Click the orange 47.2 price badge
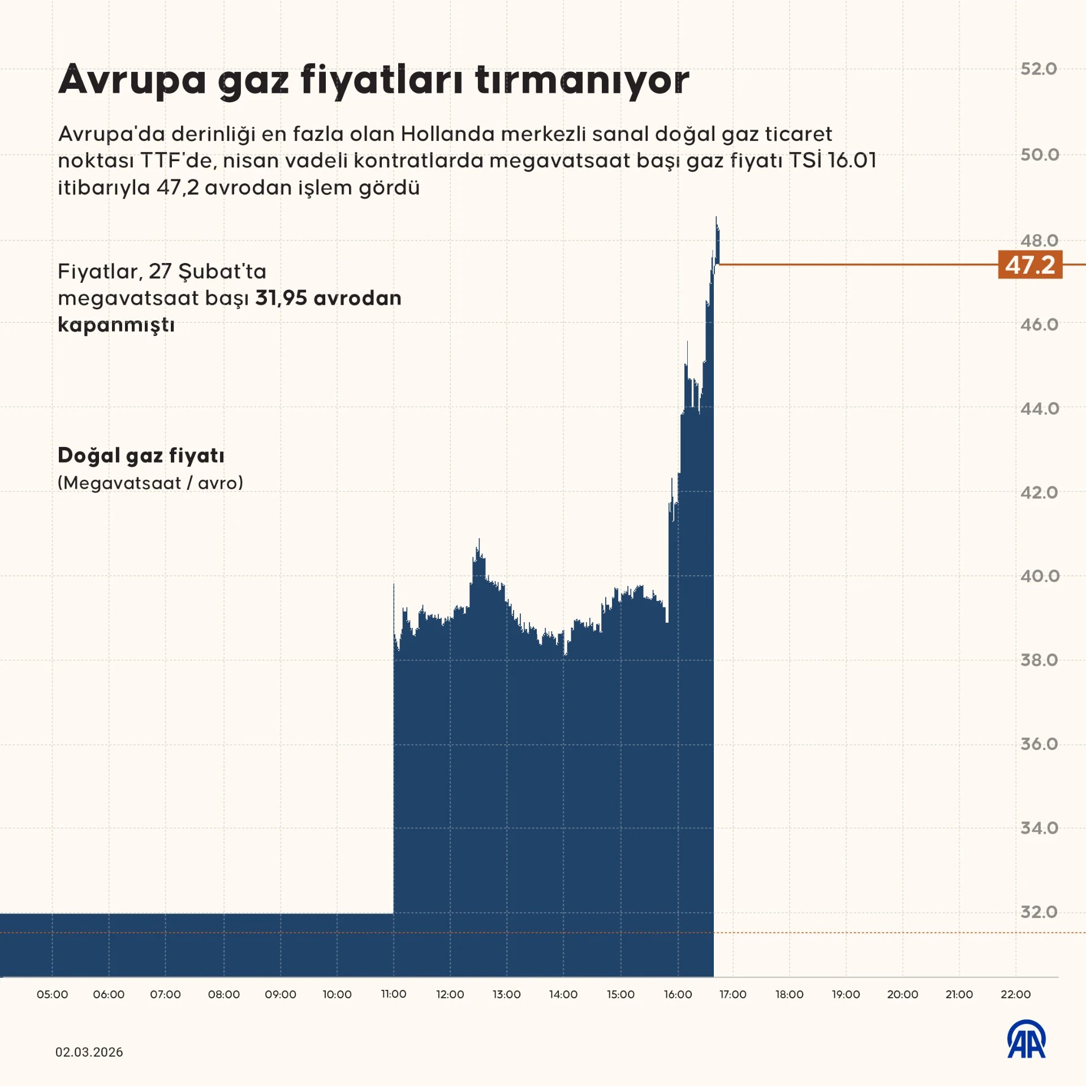coord(1029,265)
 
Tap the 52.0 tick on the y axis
coord(1038,69)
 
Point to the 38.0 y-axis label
coord(1038,660)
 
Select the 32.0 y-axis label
coord(1038,912)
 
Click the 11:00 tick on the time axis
coord(394,994)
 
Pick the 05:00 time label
coord(52,994)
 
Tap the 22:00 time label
coord(1015,994)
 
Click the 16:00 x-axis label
coord(678,994)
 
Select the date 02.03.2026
coord(89,1052)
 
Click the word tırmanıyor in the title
coord(582,80)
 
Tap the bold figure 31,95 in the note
coord(281,298)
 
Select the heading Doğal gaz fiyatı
coord(141,455)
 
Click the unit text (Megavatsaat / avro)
coord(150,483)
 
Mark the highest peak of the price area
coord(716,218)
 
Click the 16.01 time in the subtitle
coord(851,161)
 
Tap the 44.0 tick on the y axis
coord(1039,408)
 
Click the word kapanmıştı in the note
coord(116,325)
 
